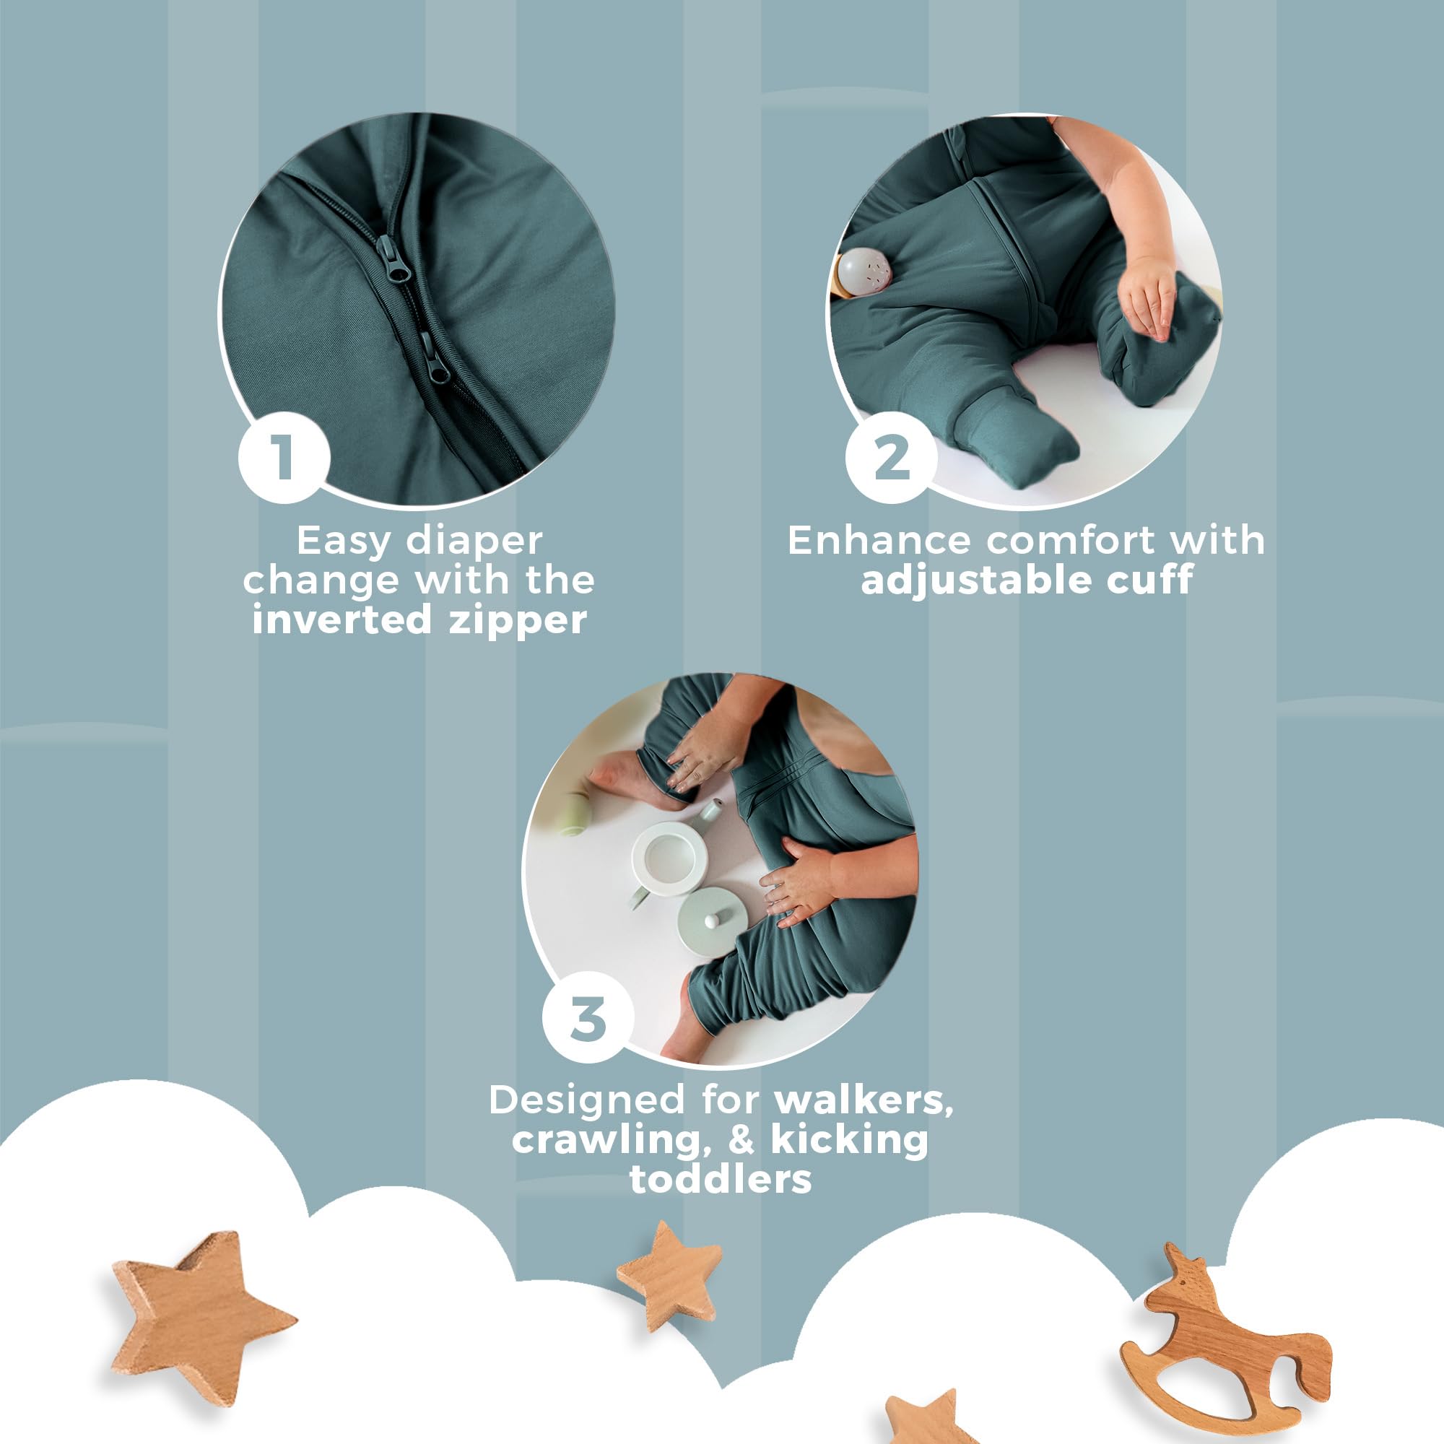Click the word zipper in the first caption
coord(517,620)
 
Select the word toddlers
coord(721,1179)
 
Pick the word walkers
coord(864,1100)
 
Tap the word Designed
coord(587,1101)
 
